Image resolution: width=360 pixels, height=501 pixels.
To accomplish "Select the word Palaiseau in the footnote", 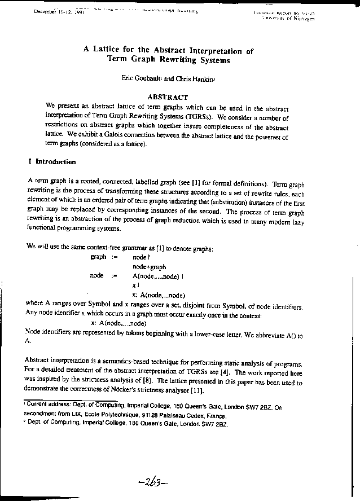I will (x=188, y=414).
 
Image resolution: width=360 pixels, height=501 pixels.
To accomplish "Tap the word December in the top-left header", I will (x=47, y=11).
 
